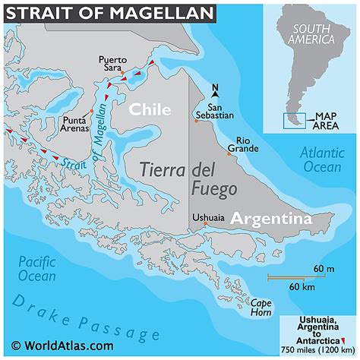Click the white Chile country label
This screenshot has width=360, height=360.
click(150, 109)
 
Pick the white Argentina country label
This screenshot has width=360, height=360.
click(271, 219)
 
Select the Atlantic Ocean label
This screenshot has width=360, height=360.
click(322, 159)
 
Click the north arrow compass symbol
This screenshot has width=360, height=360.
click(216, 90)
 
